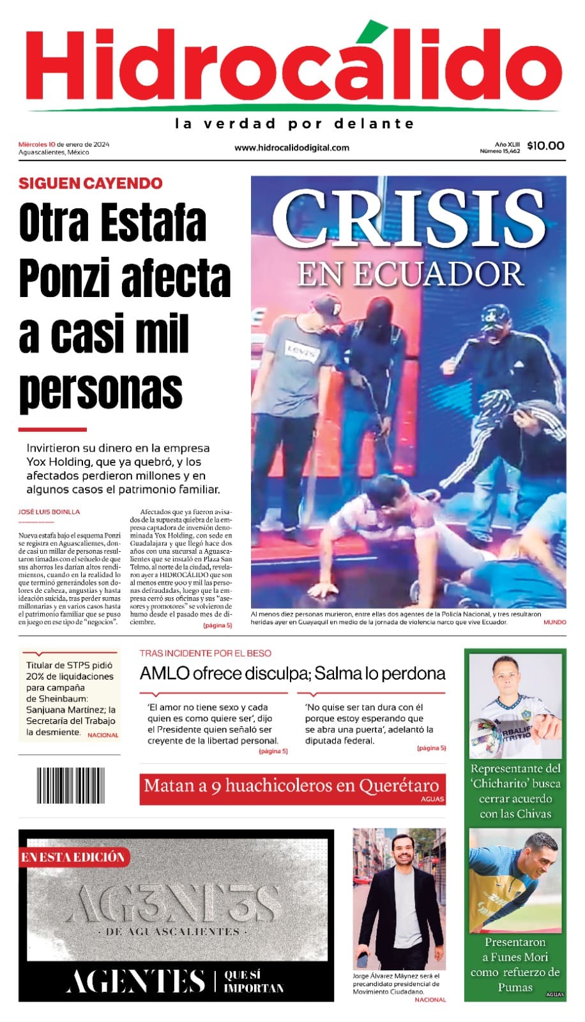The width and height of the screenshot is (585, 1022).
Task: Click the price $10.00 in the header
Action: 545,146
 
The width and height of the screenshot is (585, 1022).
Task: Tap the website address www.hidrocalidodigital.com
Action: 292,148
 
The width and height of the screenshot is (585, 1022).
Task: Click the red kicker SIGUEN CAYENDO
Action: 90,183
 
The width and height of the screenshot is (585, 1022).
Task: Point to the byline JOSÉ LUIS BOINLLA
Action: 49,512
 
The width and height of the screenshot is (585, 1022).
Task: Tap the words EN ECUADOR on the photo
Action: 411,274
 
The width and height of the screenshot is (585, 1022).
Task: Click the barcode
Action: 70,785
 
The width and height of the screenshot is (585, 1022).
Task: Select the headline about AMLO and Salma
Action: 292,673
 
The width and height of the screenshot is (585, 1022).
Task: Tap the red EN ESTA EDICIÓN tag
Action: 73,857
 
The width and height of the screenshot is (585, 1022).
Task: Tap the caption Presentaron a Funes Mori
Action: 515,964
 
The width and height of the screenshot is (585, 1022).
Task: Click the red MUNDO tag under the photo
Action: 554,622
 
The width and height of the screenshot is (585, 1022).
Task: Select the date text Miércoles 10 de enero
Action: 63,144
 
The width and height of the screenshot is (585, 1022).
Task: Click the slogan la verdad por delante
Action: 294,123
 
